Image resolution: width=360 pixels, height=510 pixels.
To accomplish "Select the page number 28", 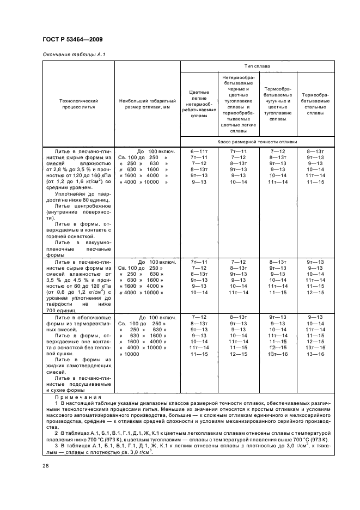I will [x=45, y=465].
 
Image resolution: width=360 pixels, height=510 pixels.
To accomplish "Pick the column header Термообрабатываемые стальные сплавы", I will [x=315, y=104].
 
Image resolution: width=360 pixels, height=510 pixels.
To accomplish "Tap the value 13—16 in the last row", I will [x=315, y=354].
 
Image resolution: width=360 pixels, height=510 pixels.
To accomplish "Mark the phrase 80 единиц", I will [x=93, y=201].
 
